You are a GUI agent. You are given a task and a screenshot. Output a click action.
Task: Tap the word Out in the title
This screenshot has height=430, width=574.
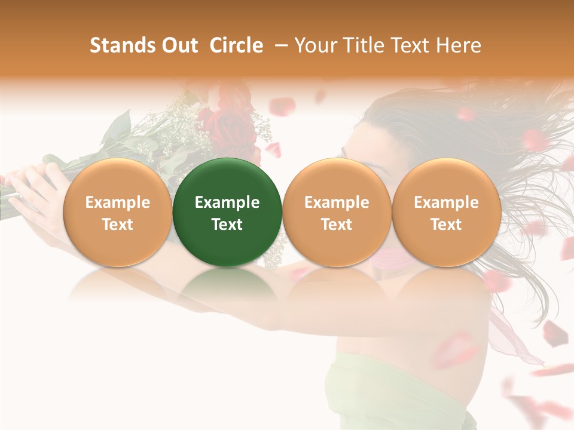pyautogui.click(x=178, y=45)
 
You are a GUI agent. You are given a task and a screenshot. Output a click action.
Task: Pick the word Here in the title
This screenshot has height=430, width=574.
pyautogui.click(x=460, y=45)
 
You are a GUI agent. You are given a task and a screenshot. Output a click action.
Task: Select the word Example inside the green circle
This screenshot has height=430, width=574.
pyautogui.click(x=227, y=202)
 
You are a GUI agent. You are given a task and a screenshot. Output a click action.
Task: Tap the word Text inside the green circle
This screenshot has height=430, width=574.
pyautogui.click(x=227, y=225)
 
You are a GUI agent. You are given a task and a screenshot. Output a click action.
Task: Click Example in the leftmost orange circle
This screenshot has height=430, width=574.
pyautogui.click(x=118, y=202)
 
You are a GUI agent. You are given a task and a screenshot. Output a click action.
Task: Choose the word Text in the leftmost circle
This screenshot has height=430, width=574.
pyautogui.click(x=118, y=225)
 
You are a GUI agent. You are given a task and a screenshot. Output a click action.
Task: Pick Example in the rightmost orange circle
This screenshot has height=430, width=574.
pyautogui.click(x=446, y=202)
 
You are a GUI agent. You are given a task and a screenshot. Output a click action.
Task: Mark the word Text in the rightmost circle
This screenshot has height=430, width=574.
pyautogui.click(x=446, y=225)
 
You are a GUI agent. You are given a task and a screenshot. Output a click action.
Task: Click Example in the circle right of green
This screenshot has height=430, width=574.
pyautogui.click(x=337, y=202)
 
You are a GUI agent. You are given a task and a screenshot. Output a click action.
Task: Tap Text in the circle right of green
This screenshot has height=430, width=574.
pyautogui.click(x=337, y=225)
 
